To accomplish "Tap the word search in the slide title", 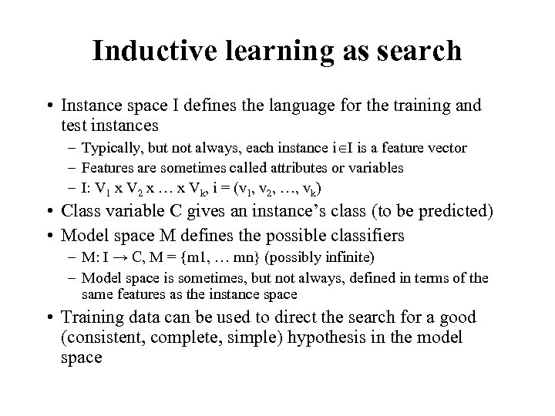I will [421, 51].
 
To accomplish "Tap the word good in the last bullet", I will [459, 317].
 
